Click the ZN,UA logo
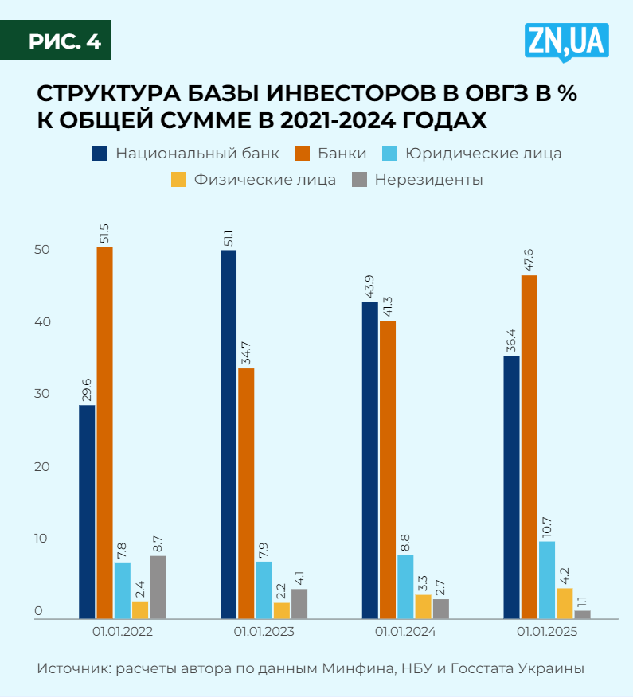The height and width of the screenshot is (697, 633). (x=567, y=42)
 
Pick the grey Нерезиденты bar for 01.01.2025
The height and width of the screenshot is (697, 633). (x=583, y=613)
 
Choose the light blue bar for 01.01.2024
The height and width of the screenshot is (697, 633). (x=405, y=586)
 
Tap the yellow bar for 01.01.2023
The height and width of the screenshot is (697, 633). (x=281, y=610)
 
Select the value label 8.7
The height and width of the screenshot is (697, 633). (x=158, y=543)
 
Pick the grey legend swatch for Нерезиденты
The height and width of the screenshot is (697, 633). (x=358, y=180)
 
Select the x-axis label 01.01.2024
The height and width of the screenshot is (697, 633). (x=405, y=633)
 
